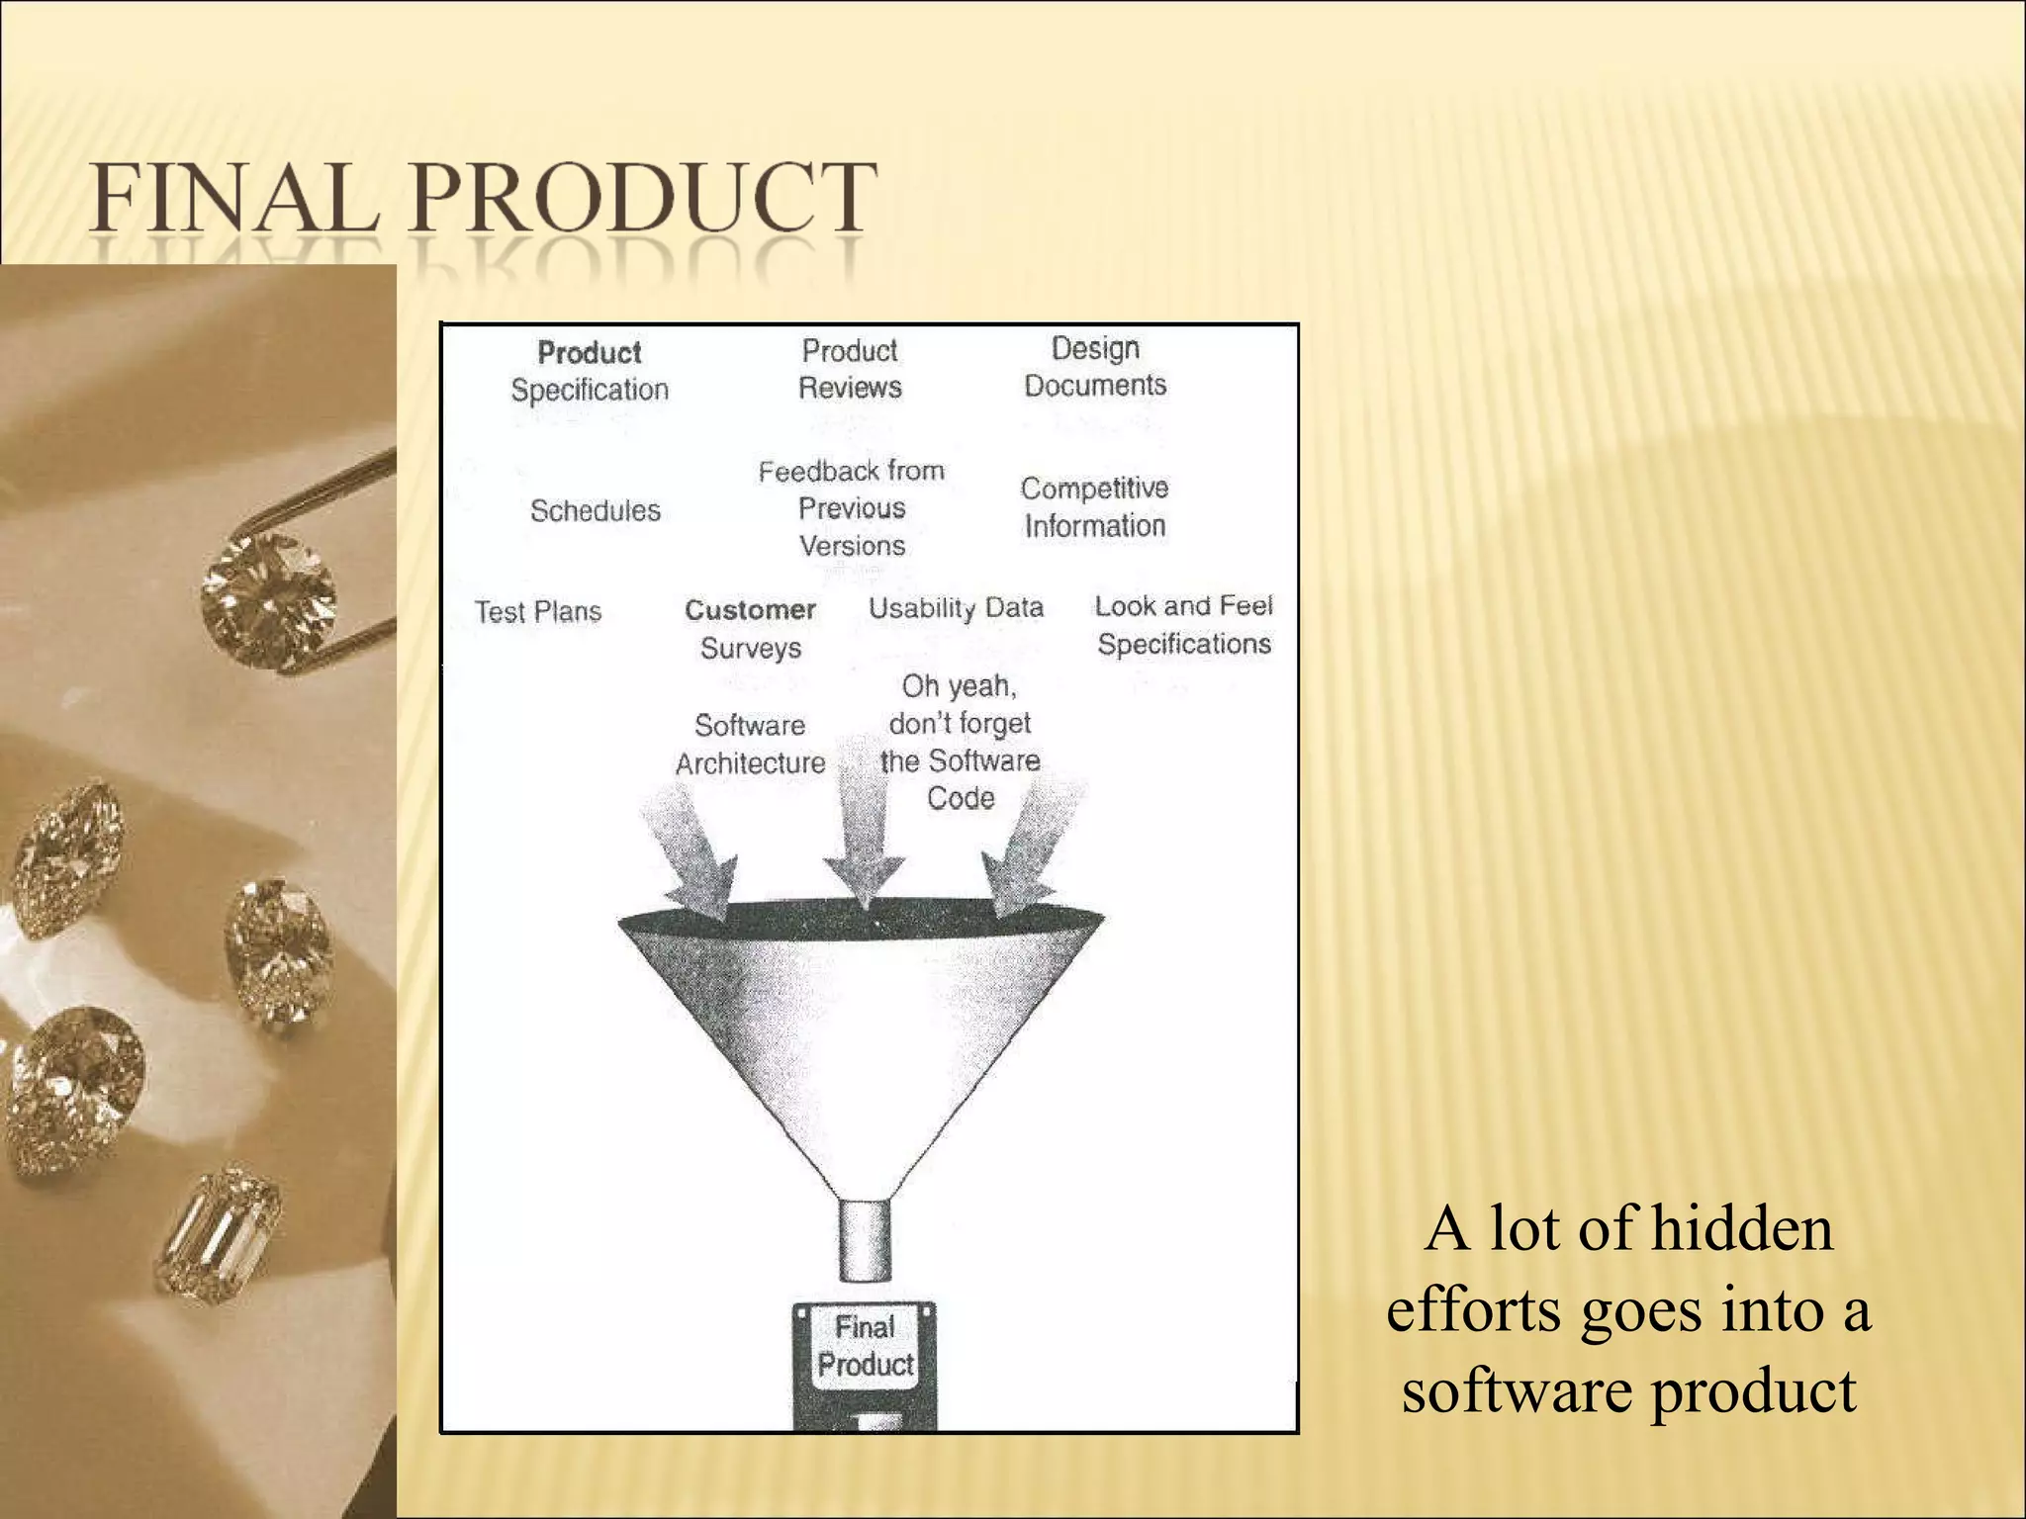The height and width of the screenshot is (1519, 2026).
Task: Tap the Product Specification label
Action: (590, 371)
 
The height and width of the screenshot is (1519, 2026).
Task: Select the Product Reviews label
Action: (850, 369)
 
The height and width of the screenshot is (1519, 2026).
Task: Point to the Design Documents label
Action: (1095, 367)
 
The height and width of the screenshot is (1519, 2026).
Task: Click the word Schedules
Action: (595, 511)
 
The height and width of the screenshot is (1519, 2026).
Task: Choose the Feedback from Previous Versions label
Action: (852, 508)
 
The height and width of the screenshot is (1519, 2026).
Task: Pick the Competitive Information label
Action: (1094, 507)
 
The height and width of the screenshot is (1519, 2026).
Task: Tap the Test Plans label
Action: (537, 612)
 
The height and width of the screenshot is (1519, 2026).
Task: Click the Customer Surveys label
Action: (750, 629)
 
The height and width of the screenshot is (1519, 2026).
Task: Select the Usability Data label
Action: (956, 608)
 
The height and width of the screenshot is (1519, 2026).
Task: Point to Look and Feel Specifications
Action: (1183, 625)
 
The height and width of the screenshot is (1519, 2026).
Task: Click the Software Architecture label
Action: (750, 745)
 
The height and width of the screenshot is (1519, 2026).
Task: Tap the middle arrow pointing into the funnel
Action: (862, 831)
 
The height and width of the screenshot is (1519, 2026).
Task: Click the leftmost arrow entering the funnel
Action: (692, 850)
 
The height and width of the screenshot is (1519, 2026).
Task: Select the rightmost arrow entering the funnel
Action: (1029, 850)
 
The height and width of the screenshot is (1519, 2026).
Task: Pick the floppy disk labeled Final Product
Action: (865, 1365)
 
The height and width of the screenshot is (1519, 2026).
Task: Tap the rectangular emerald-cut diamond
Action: (219, 1236)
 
